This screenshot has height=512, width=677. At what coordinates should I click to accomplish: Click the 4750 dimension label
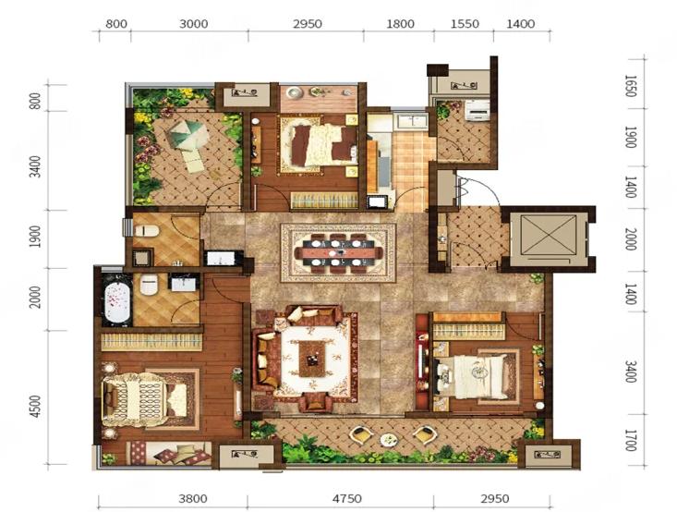pyautogui.click(x=346, y=499)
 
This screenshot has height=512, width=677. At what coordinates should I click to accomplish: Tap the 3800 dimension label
pyautogui.click(x=193, y=499)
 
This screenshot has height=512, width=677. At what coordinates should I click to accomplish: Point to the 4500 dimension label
pyautogui.click(x=37, y=406)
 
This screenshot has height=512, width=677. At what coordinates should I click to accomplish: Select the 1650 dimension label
pyautogui.click(x=631, y=86)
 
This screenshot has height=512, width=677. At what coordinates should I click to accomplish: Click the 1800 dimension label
pyautogui.click(x=400, y=23)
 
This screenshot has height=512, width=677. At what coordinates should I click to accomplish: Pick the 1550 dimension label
pyautogui.click(x=465, y=23)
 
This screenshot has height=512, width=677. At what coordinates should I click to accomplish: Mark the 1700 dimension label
pyautogui.click(x=631, y=439)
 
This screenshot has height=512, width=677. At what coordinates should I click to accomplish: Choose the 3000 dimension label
pyautogui.click(x=193, y=23)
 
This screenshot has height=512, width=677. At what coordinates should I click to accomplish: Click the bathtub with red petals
pyautogui.click(x=116, y=299)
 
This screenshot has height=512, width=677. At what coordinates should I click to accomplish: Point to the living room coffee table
pyautogui.click(x=313, y=359)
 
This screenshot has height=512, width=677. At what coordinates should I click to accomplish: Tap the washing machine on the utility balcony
pyautogui.click(x=478, y=110)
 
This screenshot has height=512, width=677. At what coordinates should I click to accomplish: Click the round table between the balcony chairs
pyautogui.click(x=390, y=439)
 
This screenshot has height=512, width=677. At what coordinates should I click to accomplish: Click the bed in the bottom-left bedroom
pyautogui.click(x=145, y=399)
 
